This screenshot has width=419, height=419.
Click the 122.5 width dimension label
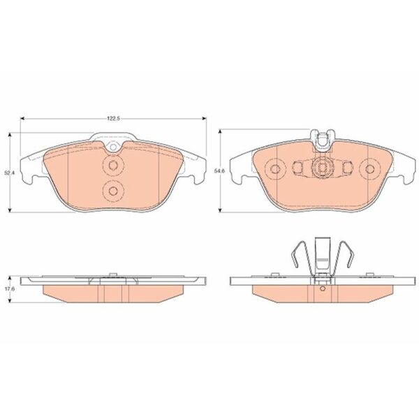pos(113,119)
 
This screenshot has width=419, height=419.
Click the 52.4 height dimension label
pos(9,172)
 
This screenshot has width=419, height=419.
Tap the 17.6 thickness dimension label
pos(9,290)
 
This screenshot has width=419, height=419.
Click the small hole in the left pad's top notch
pos(113,147)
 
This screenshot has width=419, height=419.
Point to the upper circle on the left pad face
pos(113,166)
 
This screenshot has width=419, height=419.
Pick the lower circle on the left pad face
pos(113,191)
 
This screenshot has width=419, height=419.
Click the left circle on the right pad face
pos(274,168)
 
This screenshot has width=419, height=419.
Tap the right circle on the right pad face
pos(370,168)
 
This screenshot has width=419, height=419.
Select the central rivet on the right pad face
pos(322,168)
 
